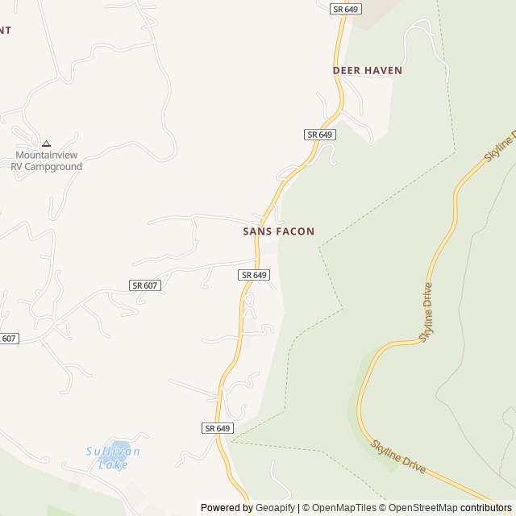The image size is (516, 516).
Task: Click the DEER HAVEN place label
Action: tap(367, 71)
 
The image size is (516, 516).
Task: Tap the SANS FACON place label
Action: tap(278, 231)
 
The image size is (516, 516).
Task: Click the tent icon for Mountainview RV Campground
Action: tap(46, 144)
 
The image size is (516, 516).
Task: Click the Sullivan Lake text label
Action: tap(113, 458)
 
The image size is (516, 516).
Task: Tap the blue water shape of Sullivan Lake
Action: tap(121, 448)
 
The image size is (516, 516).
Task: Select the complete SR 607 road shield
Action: tap(145, 285)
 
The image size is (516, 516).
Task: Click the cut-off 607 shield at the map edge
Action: tap(8, 339)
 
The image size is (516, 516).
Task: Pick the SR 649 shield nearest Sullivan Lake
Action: tap(218, 428)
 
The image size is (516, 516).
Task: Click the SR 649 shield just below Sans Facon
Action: tap(253, 275)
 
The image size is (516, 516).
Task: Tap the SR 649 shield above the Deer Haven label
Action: tap(345, 9)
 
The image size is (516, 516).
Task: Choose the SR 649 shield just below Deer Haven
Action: tap(320, 134)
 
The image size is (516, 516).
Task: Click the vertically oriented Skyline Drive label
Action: tap(426, 313)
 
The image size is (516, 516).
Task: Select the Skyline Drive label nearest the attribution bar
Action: tap(397, 456)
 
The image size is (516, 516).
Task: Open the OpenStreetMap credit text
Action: tap(419, 508)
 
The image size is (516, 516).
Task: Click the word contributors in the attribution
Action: tap(486, 508)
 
